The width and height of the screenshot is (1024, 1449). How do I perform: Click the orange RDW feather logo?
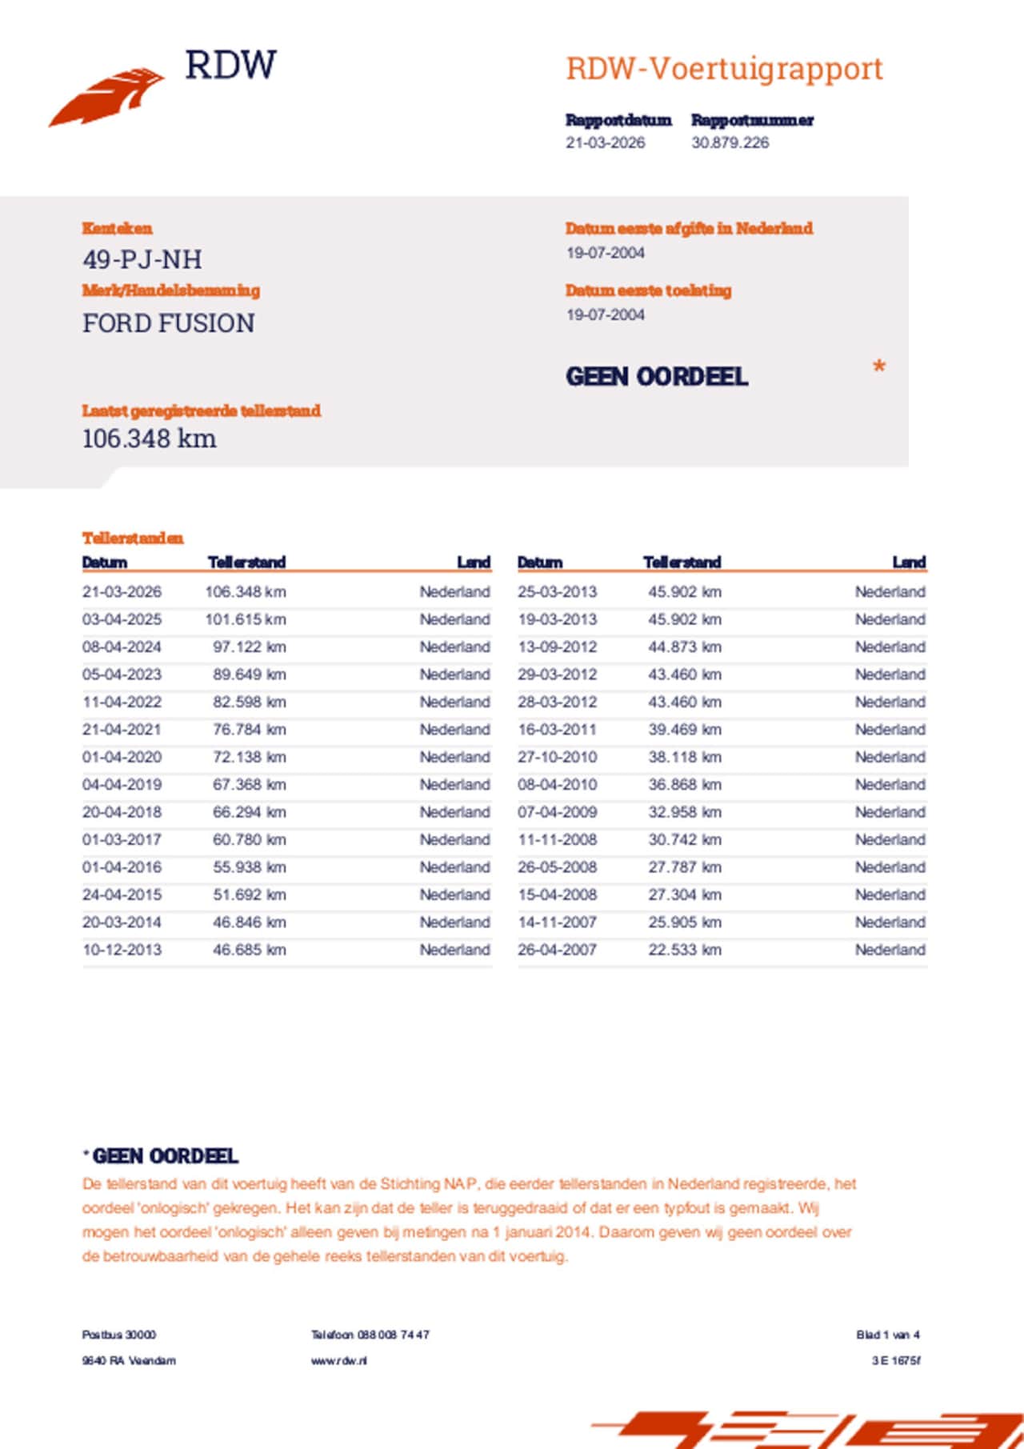click(x=108, y=97)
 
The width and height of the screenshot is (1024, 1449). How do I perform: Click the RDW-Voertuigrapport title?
click(x=724, y=69)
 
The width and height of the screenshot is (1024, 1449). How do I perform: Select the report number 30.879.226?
click(x=730, y=143)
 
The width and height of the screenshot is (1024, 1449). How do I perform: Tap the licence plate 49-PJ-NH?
click(x=142, y=259)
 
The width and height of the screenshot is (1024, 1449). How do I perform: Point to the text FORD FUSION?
click(x=169, y=323)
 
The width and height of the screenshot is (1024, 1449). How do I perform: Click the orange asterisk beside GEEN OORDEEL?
click(x=878, y=368)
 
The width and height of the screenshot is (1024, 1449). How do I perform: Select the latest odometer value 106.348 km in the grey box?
click(x=150, y=438)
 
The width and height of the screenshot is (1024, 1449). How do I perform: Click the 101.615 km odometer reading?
click(x=245, y=619)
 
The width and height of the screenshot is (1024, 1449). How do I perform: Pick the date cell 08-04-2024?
click(x=122, y=646)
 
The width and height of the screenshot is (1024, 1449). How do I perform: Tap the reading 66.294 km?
click(x=249, y=812)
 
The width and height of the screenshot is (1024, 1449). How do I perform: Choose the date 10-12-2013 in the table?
click(x=122, y=950)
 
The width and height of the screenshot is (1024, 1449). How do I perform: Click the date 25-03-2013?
click(x=557, y=592)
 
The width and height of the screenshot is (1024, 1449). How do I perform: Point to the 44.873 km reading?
click(x=684, y=646)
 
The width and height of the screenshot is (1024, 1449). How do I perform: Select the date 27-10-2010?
click(x=557, y=757)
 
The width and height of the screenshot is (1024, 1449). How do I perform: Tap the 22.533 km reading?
click(x=684, y=950)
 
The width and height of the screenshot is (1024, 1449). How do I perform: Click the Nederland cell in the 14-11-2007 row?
click(x=890, y=923)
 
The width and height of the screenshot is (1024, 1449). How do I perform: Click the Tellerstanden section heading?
click(x=133, y=538)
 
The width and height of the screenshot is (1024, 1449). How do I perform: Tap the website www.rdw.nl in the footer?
click(x=339, y=1360)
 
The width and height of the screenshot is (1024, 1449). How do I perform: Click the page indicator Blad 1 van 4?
click(x=887, y=1335)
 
